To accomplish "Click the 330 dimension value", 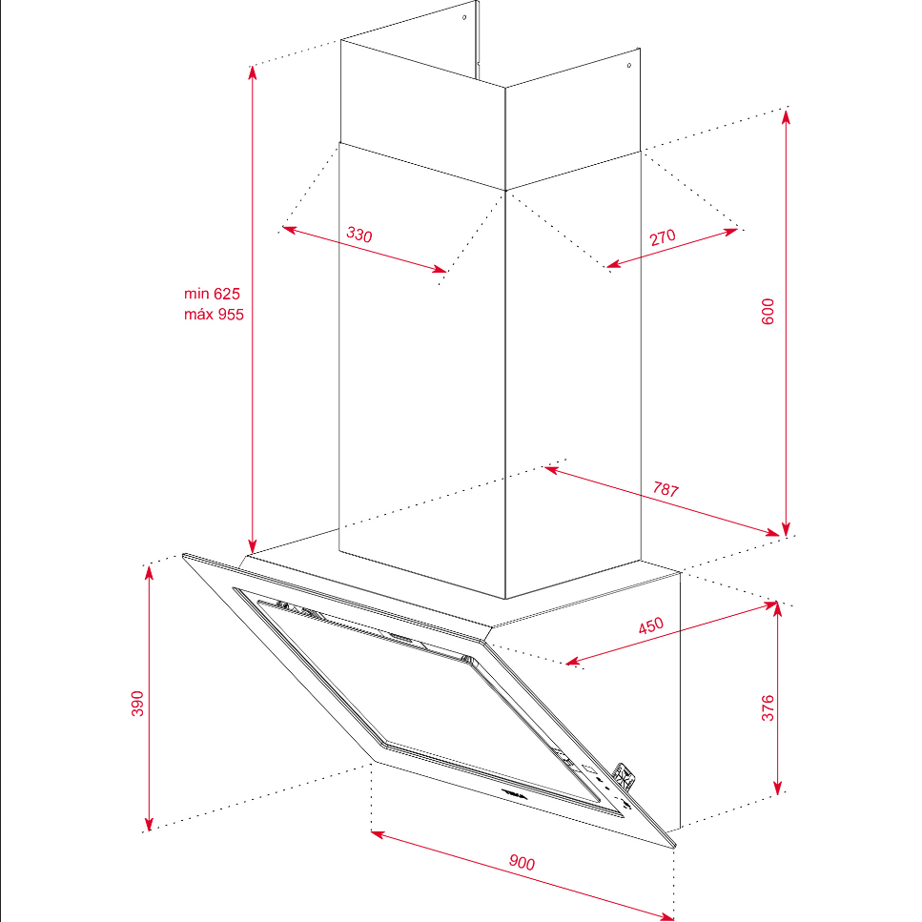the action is click(x=359, y=235).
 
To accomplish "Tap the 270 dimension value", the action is click(x=663, y=237).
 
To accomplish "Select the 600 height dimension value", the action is click(x=768, y=312).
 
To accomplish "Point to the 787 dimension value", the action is click(x=666, y=489).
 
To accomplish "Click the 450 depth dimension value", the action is click(x=651, y=625).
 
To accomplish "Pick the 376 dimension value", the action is click(x=768, y=708).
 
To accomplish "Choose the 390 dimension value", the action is click(x=137, y=704).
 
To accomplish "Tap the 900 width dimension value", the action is click(x=522, y=862).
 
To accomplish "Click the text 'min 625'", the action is click(x=212, y=294).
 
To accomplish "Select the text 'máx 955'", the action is click(x=214, y=314).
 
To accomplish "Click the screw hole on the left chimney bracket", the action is click(x=464, y=18).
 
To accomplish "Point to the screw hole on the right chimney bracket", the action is click(x=628, y=65).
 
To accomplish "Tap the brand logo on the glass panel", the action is click(x=516, y=794).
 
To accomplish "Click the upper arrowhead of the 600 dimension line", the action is click(x=787, y=116).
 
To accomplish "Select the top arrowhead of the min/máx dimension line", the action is click(x=253, y=72).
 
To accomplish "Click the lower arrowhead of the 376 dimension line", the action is click(x=777, y=787).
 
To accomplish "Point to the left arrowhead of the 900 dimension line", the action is click(x=379, y=833).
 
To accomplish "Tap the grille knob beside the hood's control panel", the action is click(x=624, y=777).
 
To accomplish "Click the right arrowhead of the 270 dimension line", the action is click(x=730, y=231).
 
